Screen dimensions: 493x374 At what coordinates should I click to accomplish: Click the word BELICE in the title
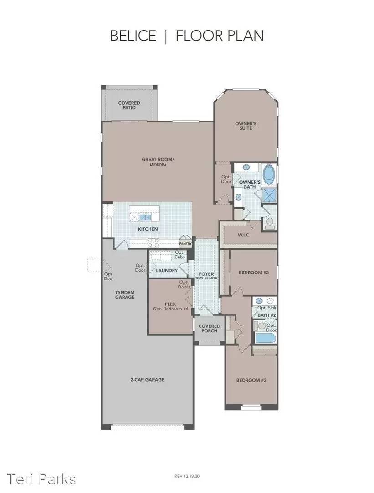click(x=133, y=36)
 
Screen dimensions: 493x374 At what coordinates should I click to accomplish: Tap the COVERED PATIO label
click(x=129, y=105)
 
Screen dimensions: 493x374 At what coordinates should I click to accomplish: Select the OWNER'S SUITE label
click(x=246, y=126)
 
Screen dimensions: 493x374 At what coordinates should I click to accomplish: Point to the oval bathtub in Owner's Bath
click(x=269, y=175)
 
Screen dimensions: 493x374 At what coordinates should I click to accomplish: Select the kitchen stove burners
click(x=153, y=242)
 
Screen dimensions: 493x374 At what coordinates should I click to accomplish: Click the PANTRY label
click(x=186, y=244)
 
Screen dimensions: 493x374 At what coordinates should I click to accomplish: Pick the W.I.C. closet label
click(x=243, y=236)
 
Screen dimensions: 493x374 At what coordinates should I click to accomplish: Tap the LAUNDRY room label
click(x=166, y=270)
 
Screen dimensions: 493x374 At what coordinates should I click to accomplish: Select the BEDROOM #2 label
click(x=254, y=273)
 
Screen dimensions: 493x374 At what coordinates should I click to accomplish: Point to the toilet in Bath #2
click(x=260, y=326)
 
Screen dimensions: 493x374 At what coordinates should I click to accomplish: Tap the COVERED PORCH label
click(x=209, y=329)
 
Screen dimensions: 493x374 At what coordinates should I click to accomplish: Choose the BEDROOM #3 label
click(x=251, y=380)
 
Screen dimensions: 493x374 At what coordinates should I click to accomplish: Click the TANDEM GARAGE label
click(x=124, y=294)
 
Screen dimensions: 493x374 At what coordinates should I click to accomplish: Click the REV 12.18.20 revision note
click(x=186, y=476)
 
